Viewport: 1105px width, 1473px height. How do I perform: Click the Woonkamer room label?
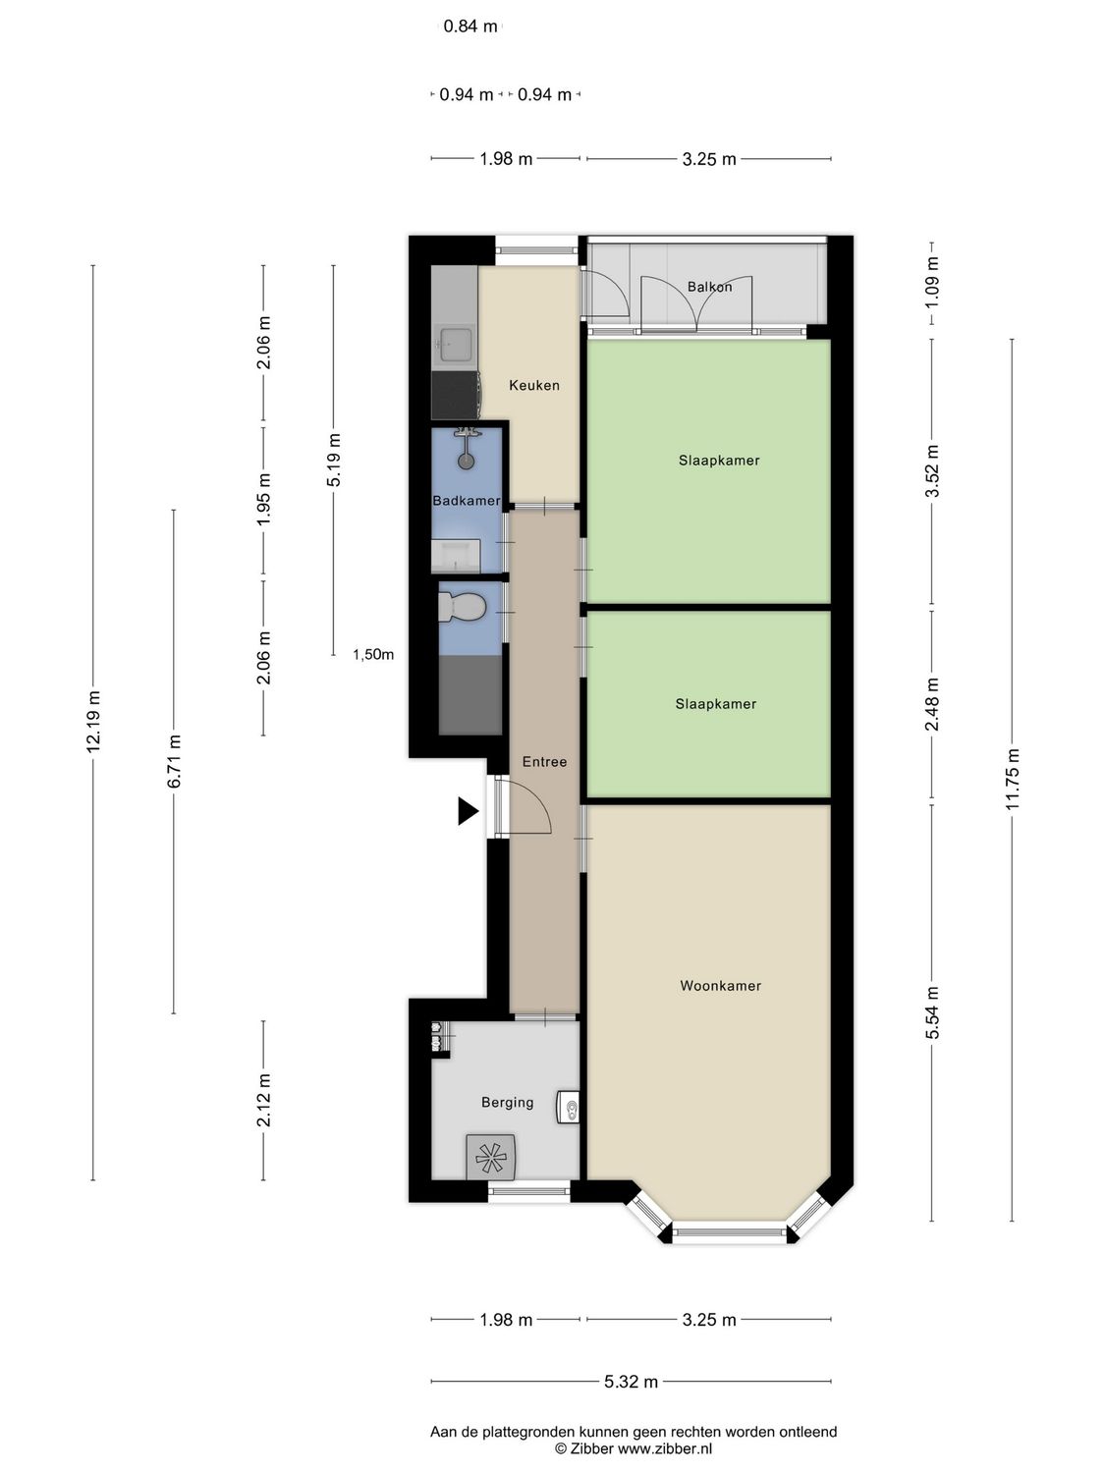[720, 986]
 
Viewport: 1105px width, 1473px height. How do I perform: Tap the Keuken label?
[533, 385]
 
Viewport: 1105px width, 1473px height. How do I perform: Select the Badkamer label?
[467, 501]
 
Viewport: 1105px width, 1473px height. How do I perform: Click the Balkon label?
[709, 287]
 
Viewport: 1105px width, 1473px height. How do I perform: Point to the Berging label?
[507, 1103]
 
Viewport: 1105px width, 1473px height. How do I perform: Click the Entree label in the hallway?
[544, 761]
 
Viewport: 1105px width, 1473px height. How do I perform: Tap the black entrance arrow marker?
[468, 811]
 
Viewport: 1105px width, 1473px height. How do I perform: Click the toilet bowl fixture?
[461, 607]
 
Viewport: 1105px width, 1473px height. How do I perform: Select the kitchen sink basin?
[456, 344]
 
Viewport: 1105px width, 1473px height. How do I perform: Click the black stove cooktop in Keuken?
[454, 394]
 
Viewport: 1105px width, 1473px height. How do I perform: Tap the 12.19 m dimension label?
[93, 722]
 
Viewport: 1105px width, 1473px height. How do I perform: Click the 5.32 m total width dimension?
[631, 1382]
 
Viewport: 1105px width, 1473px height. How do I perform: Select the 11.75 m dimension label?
[1013, 779]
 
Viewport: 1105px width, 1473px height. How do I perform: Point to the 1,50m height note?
[373, 655]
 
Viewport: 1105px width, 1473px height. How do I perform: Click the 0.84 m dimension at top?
[470, 27]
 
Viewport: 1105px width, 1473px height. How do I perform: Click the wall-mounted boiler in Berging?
[569, 1107]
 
